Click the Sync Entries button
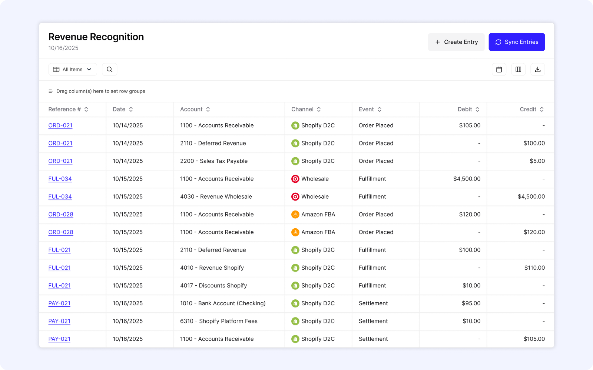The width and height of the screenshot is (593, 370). (x=517, y=42)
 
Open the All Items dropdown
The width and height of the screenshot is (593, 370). (x=73, y=70)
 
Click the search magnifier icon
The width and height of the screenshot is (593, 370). (x=110, y=70)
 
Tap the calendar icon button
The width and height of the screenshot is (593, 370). (x=499, y=70)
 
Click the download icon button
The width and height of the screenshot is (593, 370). (x=537, y=70)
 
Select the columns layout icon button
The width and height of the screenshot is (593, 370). (x=518, y=70)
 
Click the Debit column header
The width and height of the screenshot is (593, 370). (x=465, y=109)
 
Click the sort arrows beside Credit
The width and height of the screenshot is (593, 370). (x=542, y=109)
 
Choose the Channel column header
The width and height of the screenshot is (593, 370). (x=302, y=109)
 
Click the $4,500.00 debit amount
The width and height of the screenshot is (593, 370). (x=467, y=179)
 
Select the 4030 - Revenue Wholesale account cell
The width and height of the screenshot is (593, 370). (x=216, y=196)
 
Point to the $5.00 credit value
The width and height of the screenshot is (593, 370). (x=537, y=161)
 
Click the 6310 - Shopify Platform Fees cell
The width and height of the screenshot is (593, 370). (x=219, y=321)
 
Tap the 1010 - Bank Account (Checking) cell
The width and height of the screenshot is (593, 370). (x=223, y=303)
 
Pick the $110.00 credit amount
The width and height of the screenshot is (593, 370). (x=534, y=268)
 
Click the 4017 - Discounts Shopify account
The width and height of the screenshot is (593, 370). (x=213, y=286)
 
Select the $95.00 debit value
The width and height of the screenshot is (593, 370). (x=471, y=303)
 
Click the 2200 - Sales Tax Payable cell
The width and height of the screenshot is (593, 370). (x=214, y=161)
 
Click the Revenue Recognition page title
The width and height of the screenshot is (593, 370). (x=96, y=37)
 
